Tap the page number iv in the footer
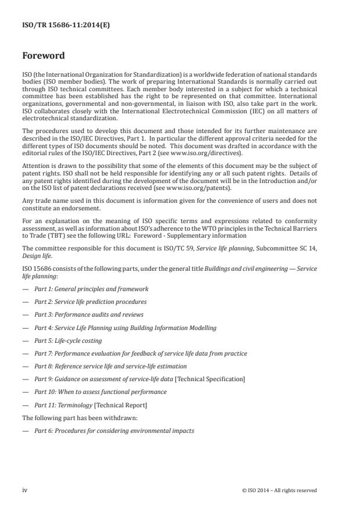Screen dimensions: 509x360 tap(25, 490)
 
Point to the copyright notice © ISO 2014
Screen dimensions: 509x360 tap(279, 490)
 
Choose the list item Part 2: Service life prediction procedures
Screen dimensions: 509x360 tap(90, 302)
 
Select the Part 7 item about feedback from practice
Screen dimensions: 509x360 tap(140, 353)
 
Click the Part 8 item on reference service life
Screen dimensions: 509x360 tap(110, 365)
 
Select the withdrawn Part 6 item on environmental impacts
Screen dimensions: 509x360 tap(114, 430)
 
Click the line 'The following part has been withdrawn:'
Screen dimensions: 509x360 tap(72, 417)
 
